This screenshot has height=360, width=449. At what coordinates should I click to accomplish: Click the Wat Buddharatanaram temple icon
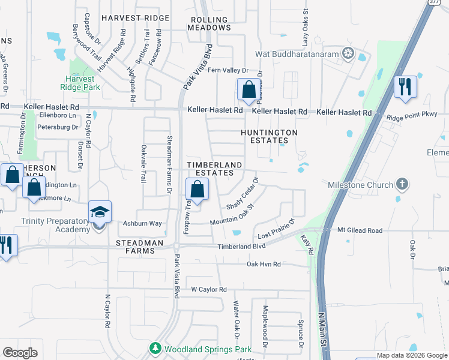[348, 54]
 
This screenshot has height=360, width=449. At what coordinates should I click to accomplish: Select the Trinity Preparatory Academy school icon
[100, 212]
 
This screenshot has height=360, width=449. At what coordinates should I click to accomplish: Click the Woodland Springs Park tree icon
[155, 348]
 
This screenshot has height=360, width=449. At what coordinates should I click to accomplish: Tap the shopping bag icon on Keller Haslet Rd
[248, 91]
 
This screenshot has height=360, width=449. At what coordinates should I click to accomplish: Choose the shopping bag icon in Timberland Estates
[197, 190]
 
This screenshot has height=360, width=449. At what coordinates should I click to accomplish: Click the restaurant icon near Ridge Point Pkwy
[405, 86]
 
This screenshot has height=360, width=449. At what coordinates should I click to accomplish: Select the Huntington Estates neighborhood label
[269, 136]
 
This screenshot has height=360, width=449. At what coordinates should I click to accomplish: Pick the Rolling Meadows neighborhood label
[210, 23]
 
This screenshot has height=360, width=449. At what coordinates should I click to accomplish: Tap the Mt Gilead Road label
[360, 230]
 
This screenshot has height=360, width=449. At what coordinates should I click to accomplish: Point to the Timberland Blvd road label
[241, 246]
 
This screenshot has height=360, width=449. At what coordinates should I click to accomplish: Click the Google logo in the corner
[20, 353]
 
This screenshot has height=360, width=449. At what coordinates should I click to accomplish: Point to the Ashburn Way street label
[143, 223]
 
